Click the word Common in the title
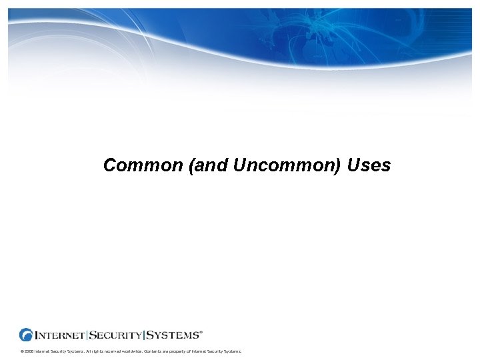[143, 165]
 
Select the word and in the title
[211, 165]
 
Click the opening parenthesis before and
[192, 165]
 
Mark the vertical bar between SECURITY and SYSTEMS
[144, 335]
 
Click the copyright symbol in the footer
[22, 351]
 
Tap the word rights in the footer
[95, 351]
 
